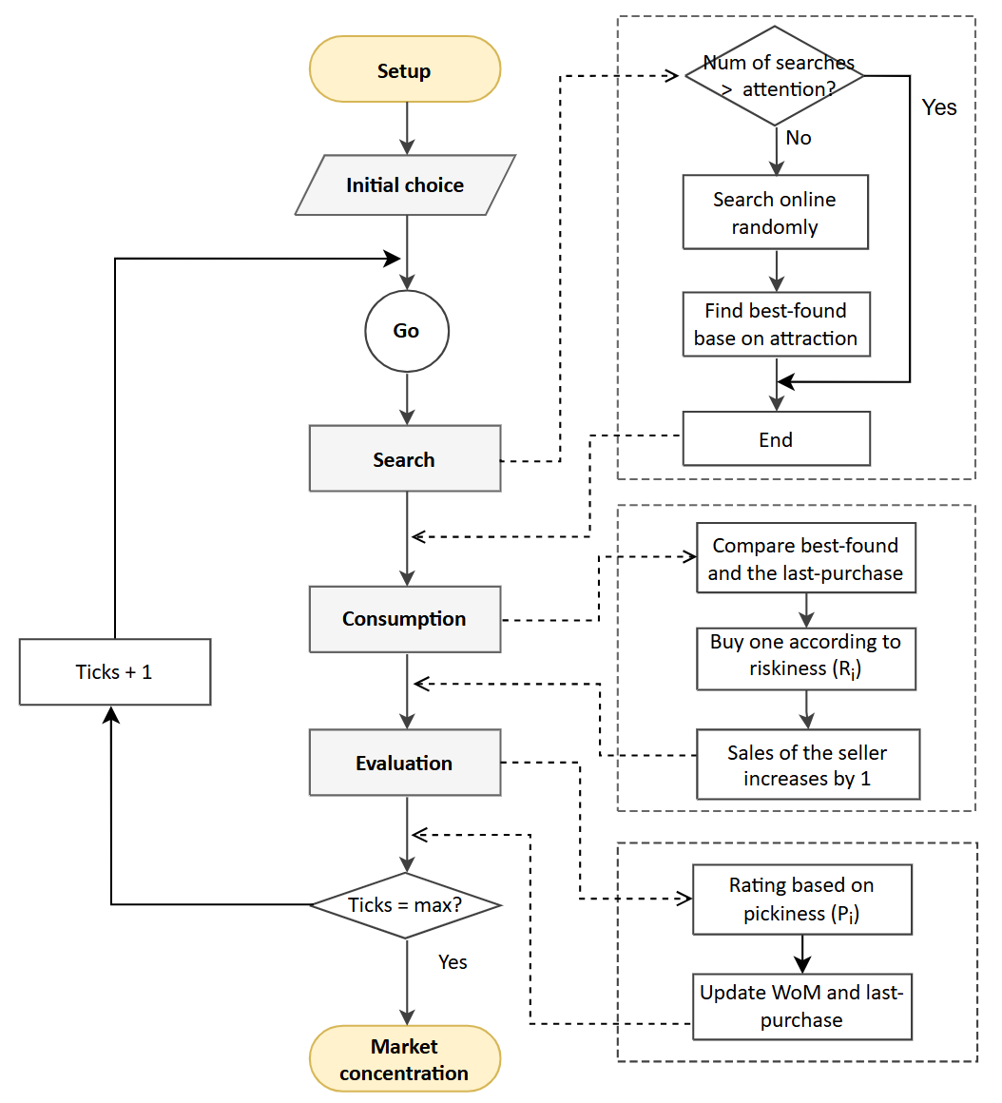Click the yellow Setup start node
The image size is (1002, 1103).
[x=404, y=69]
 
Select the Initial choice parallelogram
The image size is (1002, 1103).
[x=405, y=185]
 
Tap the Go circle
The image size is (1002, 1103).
[x=406, y=331]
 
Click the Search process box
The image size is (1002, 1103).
[x=405, y=459]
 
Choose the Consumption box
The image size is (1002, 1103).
[x=405, y=619]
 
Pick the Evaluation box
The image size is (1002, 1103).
[x=405, y=763]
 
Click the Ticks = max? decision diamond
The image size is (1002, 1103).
[x=406, y=905]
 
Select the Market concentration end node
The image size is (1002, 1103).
[x=405, y=1059]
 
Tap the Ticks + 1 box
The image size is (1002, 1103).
[x=115, y=672]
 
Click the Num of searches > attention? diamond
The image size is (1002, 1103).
[x=776, y=76]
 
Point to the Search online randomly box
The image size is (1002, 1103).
[x=776, y=213]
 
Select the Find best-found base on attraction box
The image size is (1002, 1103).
[x=776, y=324]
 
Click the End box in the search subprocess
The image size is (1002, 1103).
[x=776, y=439]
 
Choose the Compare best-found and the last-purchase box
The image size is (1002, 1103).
[x=806, y=559]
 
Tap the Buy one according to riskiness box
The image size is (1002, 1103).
[x=806, y=656]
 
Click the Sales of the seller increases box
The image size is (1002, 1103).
[x=808, y=765]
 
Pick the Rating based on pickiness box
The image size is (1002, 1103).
[x=802, y=900]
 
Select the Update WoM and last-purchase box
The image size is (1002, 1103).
[x=802, y=1006]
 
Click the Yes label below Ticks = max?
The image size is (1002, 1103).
[x=453, y=962]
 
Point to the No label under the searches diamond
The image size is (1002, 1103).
[x=799, y=138]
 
